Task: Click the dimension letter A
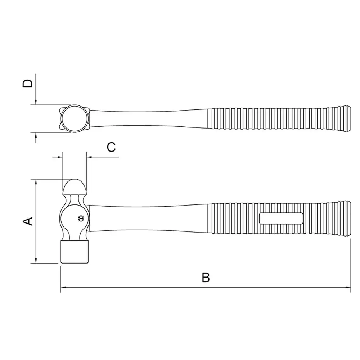pyautogui.click(x=28, y=221)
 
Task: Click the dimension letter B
pyautogui.click(x=206, y=277)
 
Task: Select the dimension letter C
pyautogui.click(x=111, y=147)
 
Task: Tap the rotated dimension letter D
pyautogui.click(x=28, y=84)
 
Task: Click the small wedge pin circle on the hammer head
pyautogui.click(x=80, y=219)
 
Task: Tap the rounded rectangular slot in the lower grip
pyautogui.click(x=281, y=218)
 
